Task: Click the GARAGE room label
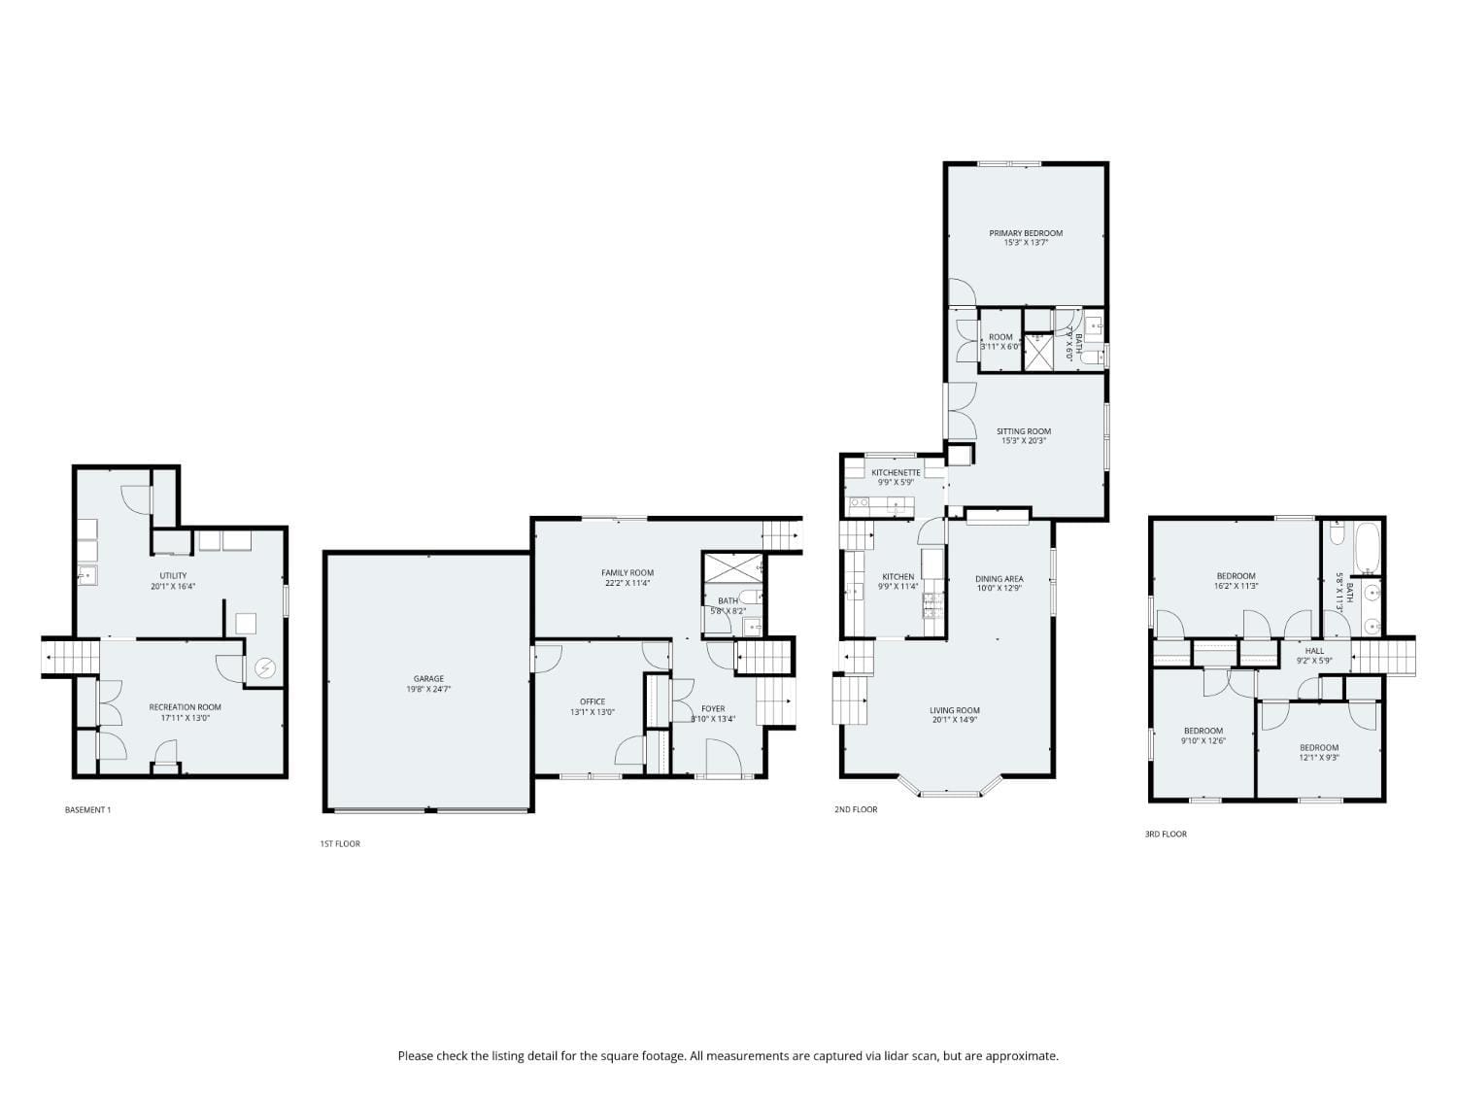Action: coord(428,679)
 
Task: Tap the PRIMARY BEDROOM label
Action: coord(1026,233)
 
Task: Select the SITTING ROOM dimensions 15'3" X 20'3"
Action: coord(1024,441)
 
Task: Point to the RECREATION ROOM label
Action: coord(185,707)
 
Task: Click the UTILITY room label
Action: coord(173,576)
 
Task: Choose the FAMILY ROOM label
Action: coord(627,573)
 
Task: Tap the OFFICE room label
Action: coord(593,701)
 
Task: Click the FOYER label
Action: coord(713,709)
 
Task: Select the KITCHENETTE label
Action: coord(896,473)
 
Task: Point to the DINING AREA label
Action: coord(1000,579)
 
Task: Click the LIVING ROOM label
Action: coord(955,710)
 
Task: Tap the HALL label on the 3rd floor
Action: coord(1314,651)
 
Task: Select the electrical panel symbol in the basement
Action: coord(264,668)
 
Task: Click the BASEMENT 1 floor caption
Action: coord(87,809)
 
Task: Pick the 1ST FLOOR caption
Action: coord(340,843)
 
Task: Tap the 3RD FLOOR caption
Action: coord(1166,834)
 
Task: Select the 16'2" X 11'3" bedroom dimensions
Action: coord(1236,586)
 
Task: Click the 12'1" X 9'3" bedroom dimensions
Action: coord(1319,758)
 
